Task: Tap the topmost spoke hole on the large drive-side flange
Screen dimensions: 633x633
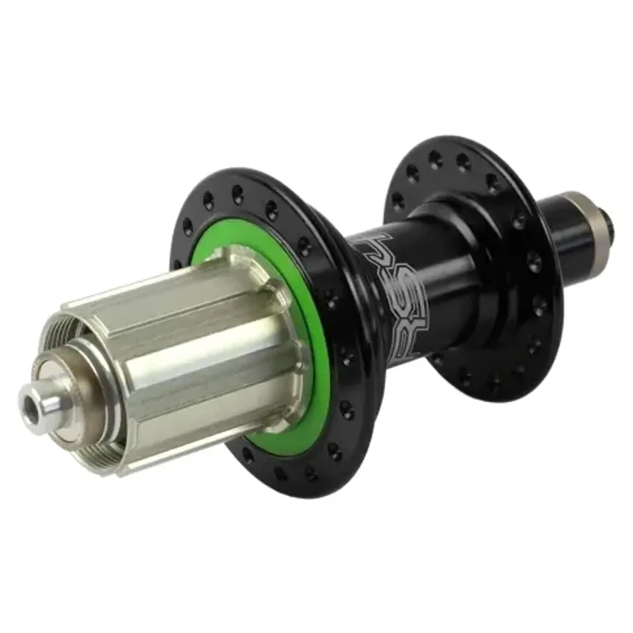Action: pos(238,190)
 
